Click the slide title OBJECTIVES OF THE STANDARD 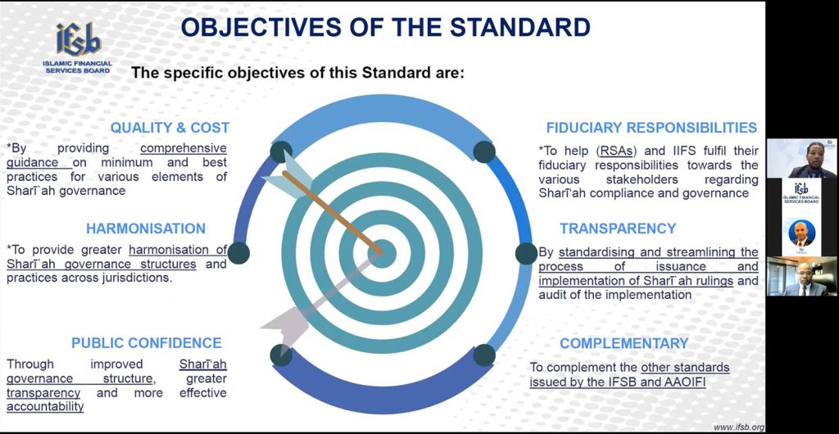pos(385,27)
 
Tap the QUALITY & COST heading pos(170,128)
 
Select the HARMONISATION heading pos(146,228)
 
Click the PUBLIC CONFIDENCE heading pos(147,343)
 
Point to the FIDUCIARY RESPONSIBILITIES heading pos(651,128)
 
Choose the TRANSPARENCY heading pos(618,228)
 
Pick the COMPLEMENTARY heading pos(624,343)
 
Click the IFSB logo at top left pos(78,47)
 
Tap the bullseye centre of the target pos(382,253)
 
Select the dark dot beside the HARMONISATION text pos(238,253)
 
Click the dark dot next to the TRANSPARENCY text pos(526,253)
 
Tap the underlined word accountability pos(45,407)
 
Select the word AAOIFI pos(686,382)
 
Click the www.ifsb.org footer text pos(739,427)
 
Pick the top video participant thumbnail pos(801,158)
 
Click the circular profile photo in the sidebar pos(801,233)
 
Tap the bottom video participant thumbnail pos(801,276)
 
